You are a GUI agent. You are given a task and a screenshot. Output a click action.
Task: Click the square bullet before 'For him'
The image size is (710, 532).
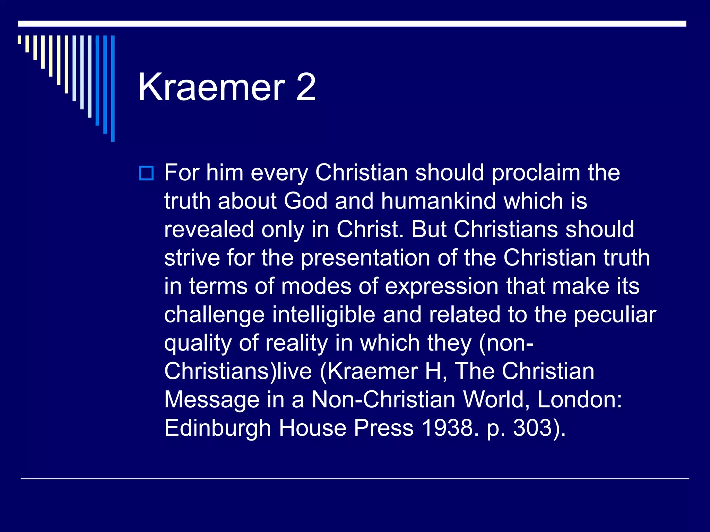(146, 173)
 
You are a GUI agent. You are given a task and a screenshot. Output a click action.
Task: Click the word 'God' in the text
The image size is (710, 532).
(305, 201)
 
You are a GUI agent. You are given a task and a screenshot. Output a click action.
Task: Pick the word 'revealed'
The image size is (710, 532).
(209, 229)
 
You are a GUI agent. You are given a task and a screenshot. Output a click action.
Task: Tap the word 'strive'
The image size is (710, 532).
(192, 258)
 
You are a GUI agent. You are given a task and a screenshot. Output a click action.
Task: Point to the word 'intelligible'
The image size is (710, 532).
(323, 314)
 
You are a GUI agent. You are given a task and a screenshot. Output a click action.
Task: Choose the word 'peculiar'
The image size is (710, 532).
(615, 315)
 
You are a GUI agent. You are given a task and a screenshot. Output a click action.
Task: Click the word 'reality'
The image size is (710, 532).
(296, 344)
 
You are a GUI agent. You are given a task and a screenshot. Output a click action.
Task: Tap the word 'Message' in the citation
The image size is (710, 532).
(211, 400)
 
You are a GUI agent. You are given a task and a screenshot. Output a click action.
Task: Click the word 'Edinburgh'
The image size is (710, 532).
(217, 428)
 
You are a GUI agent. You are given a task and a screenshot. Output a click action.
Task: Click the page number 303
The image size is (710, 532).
(532, 428)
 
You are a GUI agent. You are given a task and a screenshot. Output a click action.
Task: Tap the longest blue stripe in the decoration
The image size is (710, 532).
(113, 88)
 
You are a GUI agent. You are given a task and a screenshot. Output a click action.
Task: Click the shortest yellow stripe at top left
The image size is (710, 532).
(19, 39)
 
